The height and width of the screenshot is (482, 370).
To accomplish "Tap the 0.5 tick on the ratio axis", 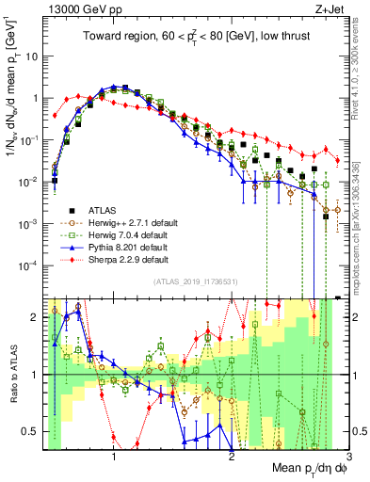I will [x=30, y=431].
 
